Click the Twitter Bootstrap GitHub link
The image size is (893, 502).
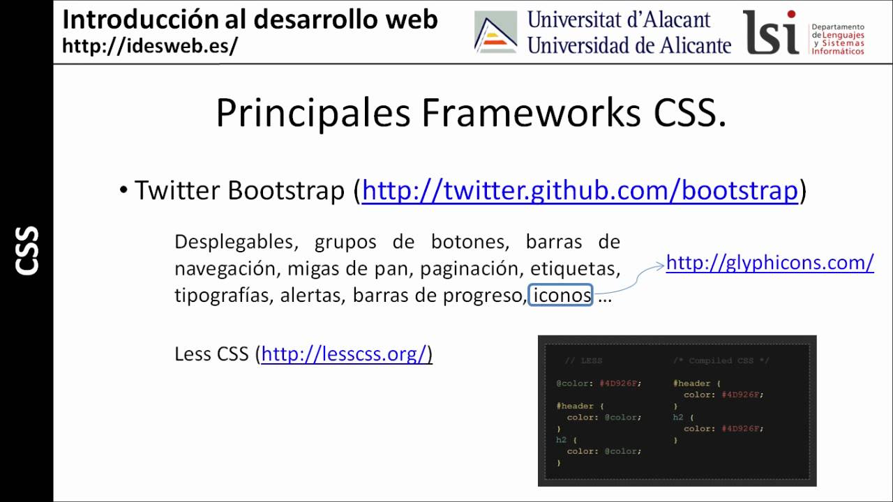click(579, 190)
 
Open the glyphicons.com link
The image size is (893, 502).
click(770, 263)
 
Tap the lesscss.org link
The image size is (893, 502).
click(343, 354)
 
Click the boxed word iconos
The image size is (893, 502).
click(561, 296)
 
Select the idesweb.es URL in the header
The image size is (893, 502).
click(150, 45)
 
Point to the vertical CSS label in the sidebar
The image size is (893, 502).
click(27, 250)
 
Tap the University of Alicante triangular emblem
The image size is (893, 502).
click(495, 33)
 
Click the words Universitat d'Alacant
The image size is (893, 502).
click(618, 20)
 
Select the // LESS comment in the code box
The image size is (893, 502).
click(583, 360)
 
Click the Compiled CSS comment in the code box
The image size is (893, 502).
click(721, 360)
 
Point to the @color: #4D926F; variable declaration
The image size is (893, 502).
click(598, 383)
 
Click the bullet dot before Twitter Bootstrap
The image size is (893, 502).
click(123, 190)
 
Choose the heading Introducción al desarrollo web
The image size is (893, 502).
click(250, 20)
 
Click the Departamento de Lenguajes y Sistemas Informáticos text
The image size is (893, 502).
click(837, 39)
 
